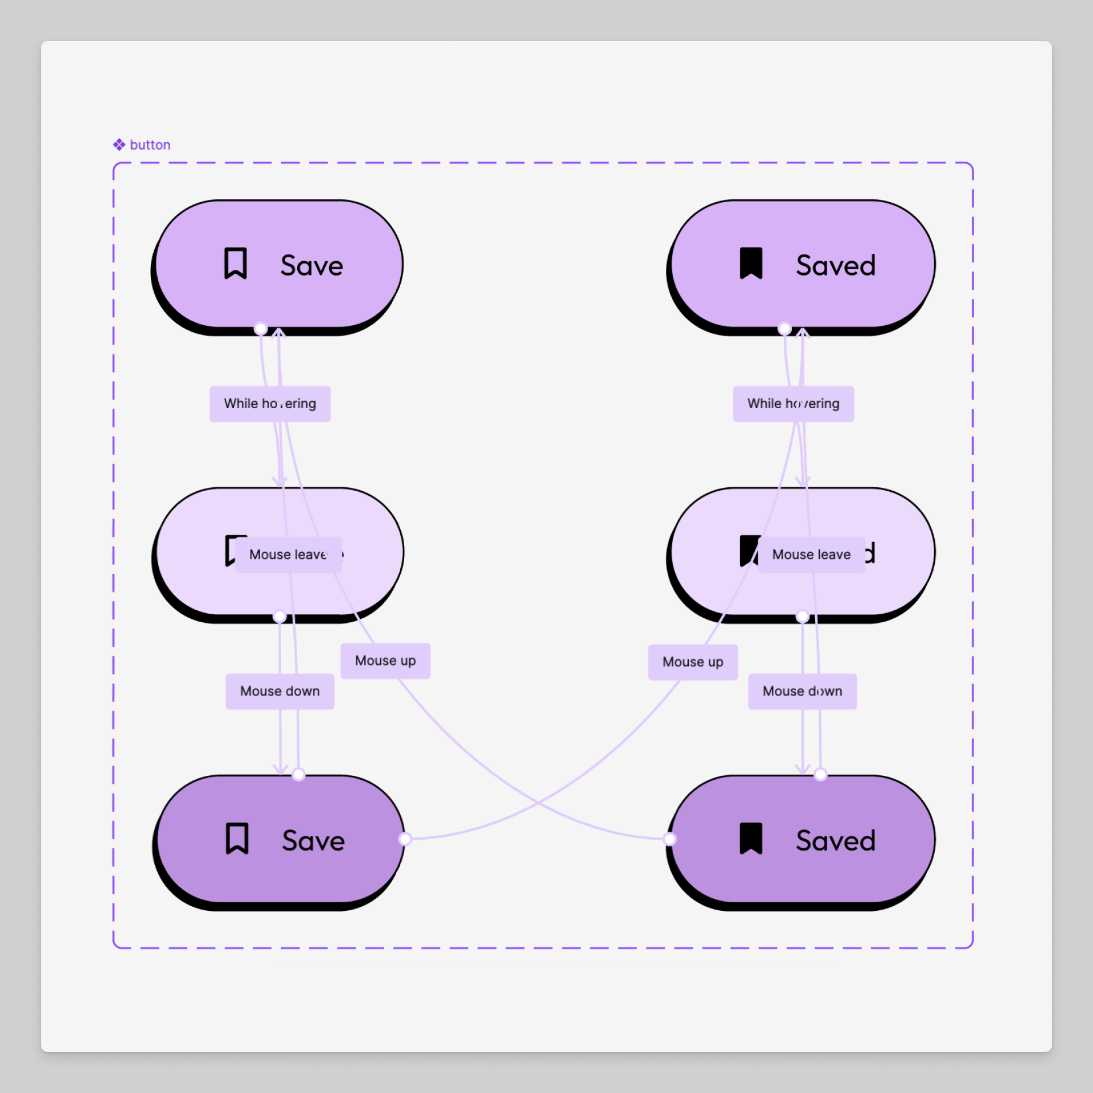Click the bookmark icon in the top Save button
[235, 264]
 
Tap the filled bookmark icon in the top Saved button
[751, 264]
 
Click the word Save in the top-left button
[311, 266]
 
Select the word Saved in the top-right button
[835, 266]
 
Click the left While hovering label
[270, 404]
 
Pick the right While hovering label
[793, 404]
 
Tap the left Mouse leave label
[288, 554]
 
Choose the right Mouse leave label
[811, 554]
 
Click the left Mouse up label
[385, 661]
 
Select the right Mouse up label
[693, 662]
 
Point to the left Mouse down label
[280, 691]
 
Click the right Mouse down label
[802, 691]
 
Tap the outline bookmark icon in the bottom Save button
[237, 839]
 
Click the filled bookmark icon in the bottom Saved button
[751, 839]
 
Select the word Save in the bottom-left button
[313, 841]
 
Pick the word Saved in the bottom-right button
[835, 841]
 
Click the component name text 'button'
[150, 145]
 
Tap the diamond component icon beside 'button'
[119, 145]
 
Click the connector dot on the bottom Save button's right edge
[405, 839]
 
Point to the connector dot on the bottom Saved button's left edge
[669, 839]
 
